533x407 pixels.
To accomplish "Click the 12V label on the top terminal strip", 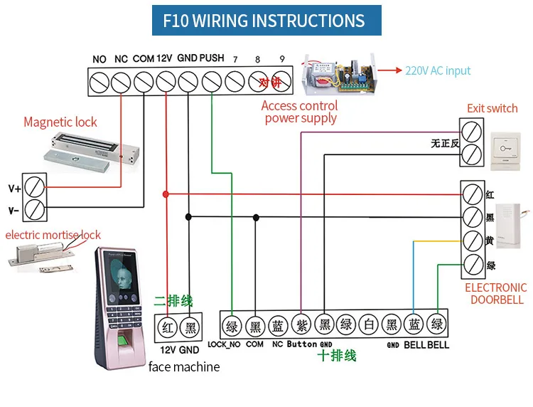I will [x=165, y=58].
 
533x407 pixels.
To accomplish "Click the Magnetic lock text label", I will [x=60, y=122].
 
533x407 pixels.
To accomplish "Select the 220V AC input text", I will [x=438, y=71].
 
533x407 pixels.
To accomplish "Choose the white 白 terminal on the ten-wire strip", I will [x=367, y=327].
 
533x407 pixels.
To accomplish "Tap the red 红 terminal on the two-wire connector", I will [x=167, y=328].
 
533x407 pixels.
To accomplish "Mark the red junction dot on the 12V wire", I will [x=166, y=194].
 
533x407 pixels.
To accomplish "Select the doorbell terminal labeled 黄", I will [x=472, y=241].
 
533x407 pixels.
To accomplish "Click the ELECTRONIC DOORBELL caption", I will [x=495, y=294].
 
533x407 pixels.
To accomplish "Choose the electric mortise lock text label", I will [x=53, y=235].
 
